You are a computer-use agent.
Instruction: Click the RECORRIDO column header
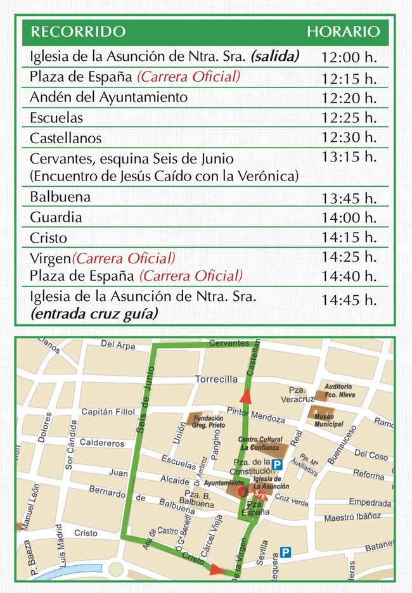pyautogui.click(x=78, y=32)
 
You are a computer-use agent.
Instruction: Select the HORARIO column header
pyautogui.click(x=344, y=32)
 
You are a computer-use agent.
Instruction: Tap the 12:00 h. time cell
pyautogui.click(x=349, y=57)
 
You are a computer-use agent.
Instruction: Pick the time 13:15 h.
pyautogui.click(x=349, y=156)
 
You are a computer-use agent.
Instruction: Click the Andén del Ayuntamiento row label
pyautogui.click(x=108, y=98)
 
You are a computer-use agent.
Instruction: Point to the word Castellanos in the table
pyautogui.click(x=65, y=138)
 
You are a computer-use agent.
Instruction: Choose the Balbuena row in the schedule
pyautogui.click(x=60, y=197)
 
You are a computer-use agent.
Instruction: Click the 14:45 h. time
pyautogui.click(x=349, y=300)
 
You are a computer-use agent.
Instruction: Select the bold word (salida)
pyautogui.click(x=274, y=56)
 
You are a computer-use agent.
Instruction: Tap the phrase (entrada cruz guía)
pyautogui.click(x=94, y=314)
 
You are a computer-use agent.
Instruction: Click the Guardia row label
pyautogui.click(x=56, y=217)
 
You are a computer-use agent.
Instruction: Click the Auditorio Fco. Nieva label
pyautogui.click(x=338, y=391)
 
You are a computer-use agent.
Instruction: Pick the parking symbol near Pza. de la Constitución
pyautogui.click(x=276, y=464)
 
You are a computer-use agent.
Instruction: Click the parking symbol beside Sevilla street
pyautogui.click(x=286, y=552)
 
